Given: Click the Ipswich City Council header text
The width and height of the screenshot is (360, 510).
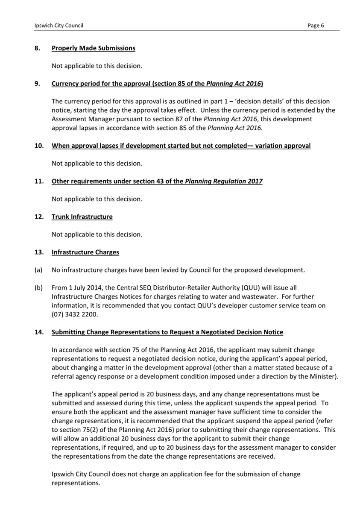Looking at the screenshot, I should [59, 26].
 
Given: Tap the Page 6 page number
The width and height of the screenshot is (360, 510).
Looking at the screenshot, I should [316, 26].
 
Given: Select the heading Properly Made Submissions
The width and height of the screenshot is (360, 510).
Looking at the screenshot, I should [93, 48].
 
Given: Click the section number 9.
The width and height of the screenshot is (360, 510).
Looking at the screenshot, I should [38, 84].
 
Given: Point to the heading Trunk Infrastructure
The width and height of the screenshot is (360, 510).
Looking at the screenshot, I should [82, 217].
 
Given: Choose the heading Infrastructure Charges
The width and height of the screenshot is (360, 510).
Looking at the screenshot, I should [85, 252].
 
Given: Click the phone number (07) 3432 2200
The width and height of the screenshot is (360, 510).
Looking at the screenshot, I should [75, 315].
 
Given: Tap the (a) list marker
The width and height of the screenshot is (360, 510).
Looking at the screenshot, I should [38, 270].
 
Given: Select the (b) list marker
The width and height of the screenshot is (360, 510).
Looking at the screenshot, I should [38, 288].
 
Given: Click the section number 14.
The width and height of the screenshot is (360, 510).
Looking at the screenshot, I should [39, 332].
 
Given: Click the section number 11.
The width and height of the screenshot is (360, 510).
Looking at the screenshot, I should [39, 181].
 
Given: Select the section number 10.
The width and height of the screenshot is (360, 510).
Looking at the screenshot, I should [39, 146].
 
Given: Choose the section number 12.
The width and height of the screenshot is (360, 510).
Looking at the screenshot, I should [39, 217].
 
